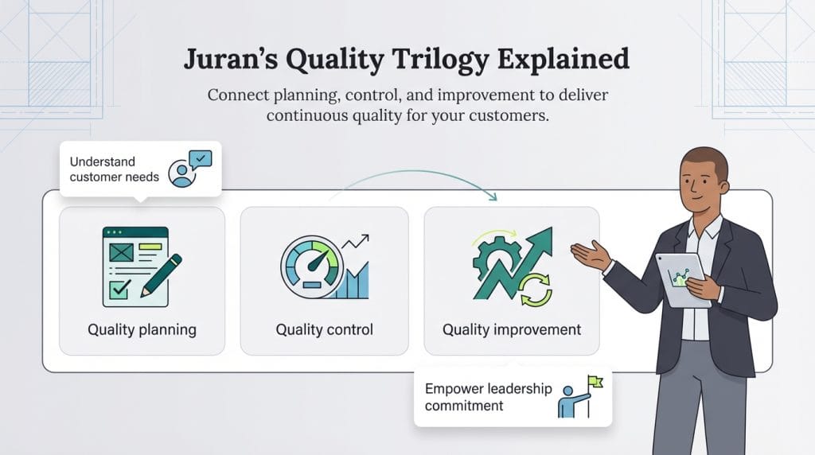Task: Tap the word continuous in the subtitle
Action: pos(307,115)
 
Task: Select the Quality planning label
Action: pos(142,329)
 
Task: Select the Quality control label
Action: pos(324,329)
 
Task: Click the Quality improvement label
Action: pos(511,329)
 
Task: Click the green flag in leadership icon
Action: pos(595,383)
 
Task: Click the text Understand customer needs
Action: pos(113,169)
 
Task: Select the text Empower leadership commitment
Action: pos(487,397)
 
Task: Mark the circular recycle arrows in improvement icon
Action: pos(535,289)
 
